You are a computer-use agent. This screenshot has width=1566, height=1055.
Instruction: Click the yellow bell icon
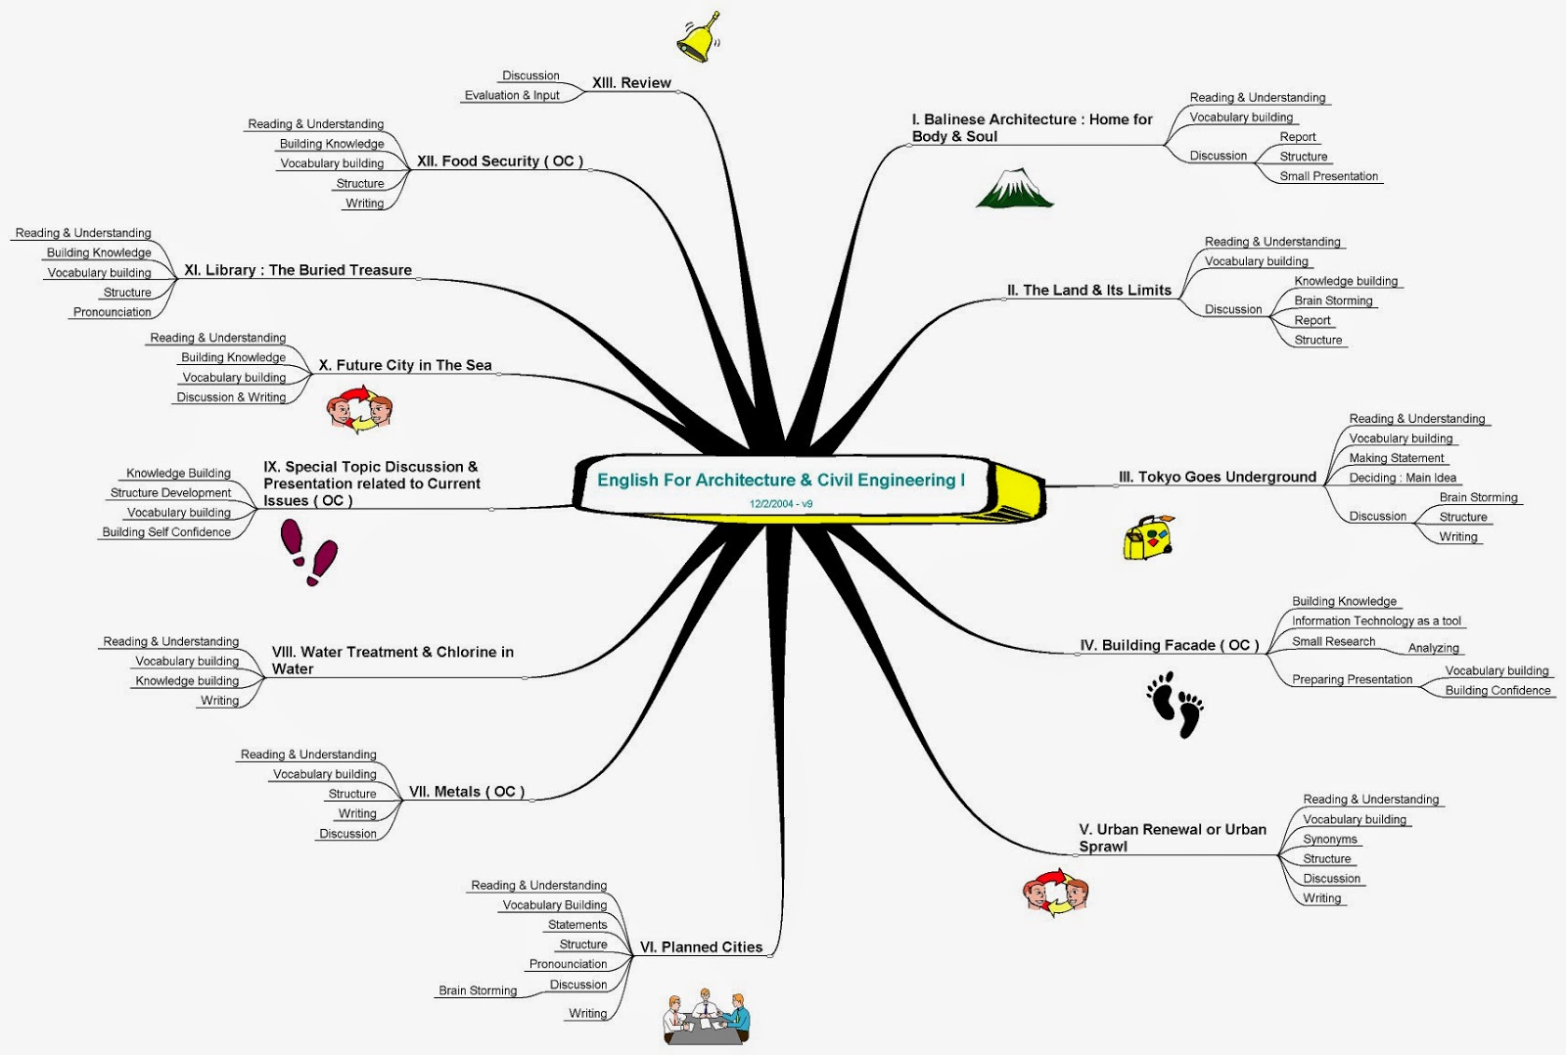coord(698,38)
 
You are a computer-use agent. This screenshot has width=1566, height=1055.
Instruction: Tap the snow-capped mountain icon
coord(1014,189)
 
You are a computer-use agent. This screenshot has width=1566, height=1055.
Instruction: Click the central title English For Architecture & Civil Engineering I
coord(781,480)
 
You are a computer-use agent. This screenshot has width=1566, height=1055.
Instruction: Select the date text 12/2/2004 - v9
coord(781,504)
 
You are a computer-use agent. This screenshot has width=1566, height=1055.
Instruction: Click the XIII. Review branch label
coord(631,83)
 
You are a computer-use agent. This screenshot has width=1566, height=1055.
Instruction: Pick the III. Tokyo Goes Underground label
coord(1217,477)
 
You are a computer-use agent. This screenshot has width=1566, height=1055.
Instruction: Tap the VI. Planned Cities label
coord(701,947)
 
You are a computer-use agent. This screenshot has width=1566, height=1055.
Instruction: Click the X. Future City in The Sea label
coord(405,365)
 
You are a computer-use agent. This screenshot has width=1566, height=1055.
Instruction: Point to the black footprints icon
coord(1174,703)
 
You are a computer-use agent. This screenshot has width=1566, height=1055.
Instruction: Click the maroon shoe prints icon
coord(308,551)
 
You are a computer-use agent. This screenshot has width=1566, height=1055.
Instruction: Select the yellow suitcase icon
coord(1147,537)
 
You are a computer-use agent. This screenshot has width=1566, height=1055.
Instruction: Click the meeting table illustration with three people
coord(706,1018)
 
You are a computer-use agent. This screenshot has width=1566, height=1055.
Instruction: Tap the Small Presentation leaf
coord(1328,176)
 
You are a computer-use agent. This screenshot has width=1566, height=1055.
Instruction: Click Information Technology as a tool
coord(1376,620)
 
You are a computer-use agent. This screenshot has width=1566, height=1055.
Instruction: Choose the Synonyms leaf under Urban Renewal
coord(1329,839)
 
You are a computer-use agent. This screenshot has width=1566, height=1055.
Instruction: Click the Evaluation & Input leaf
coord(512,95)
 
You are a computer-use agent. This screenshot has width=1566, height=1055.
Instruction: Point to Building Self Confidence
coord(166,532)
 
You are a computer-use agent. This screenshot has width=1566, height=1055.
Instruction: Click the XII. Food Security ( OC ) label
coord(499,161)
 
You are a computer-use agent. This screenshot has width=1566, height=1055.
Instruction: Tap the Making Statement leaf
coord(1396,458)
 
